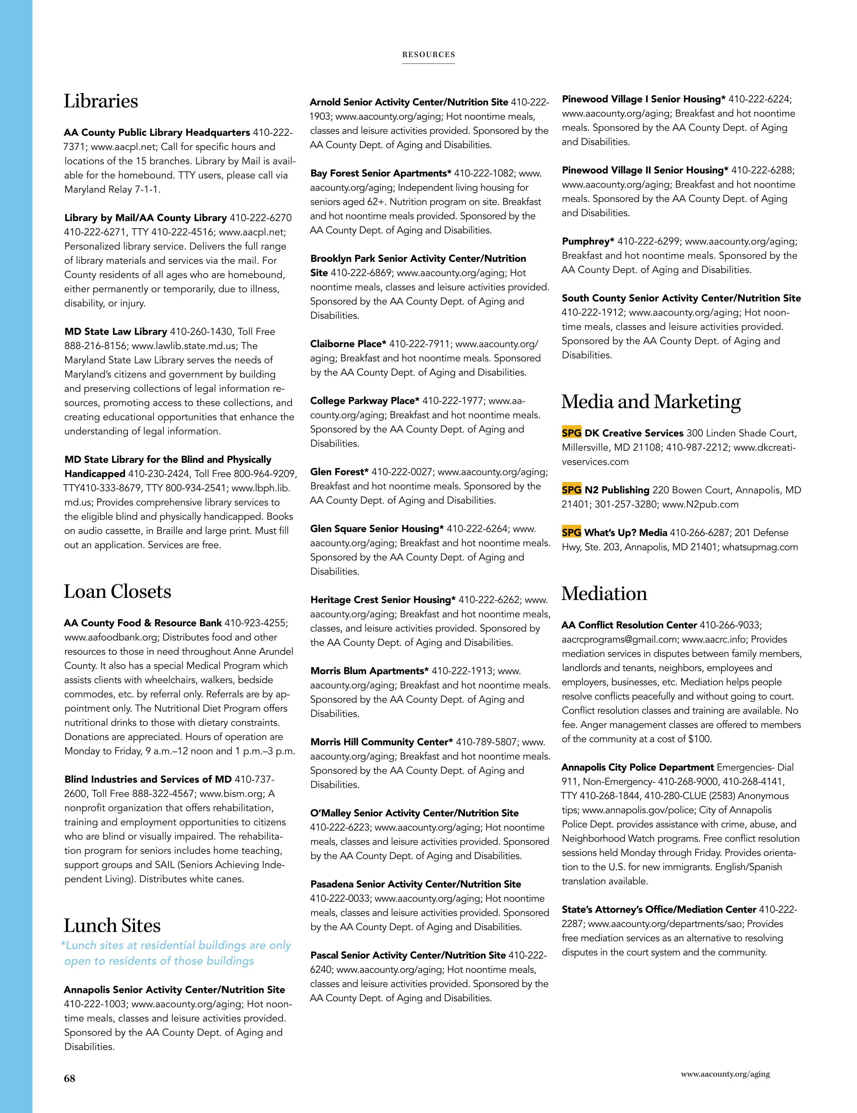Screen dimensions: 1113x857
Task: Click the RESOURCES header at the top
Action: point(428,55)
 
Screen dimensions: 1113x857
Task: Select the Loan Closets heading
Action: point(117,592)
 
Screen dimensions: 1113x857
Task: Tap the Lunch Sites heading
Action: point(112,925)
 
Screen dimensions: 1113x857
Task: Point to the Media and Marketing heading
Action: point(651,402)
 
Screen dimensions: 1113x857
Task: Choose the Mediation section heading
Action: point(604,594)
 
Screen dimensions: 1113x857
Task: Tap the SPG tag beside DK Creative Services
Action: point(571,433)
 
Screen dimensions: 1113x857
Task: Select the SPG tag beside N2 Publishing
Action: point(571,490)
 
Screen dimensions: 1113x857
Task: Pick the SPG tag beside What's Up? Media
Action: point(571,533)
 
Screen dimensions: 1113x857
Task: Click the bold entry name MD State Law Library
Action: point(116,332)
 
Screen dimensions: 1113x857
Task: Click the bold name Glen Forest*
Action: point(339,472)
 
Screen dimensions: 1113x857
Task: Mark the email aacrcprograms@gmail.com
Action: point(619,639)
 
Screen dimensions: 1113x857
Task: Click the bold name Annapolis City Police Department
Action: point(637,767)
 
